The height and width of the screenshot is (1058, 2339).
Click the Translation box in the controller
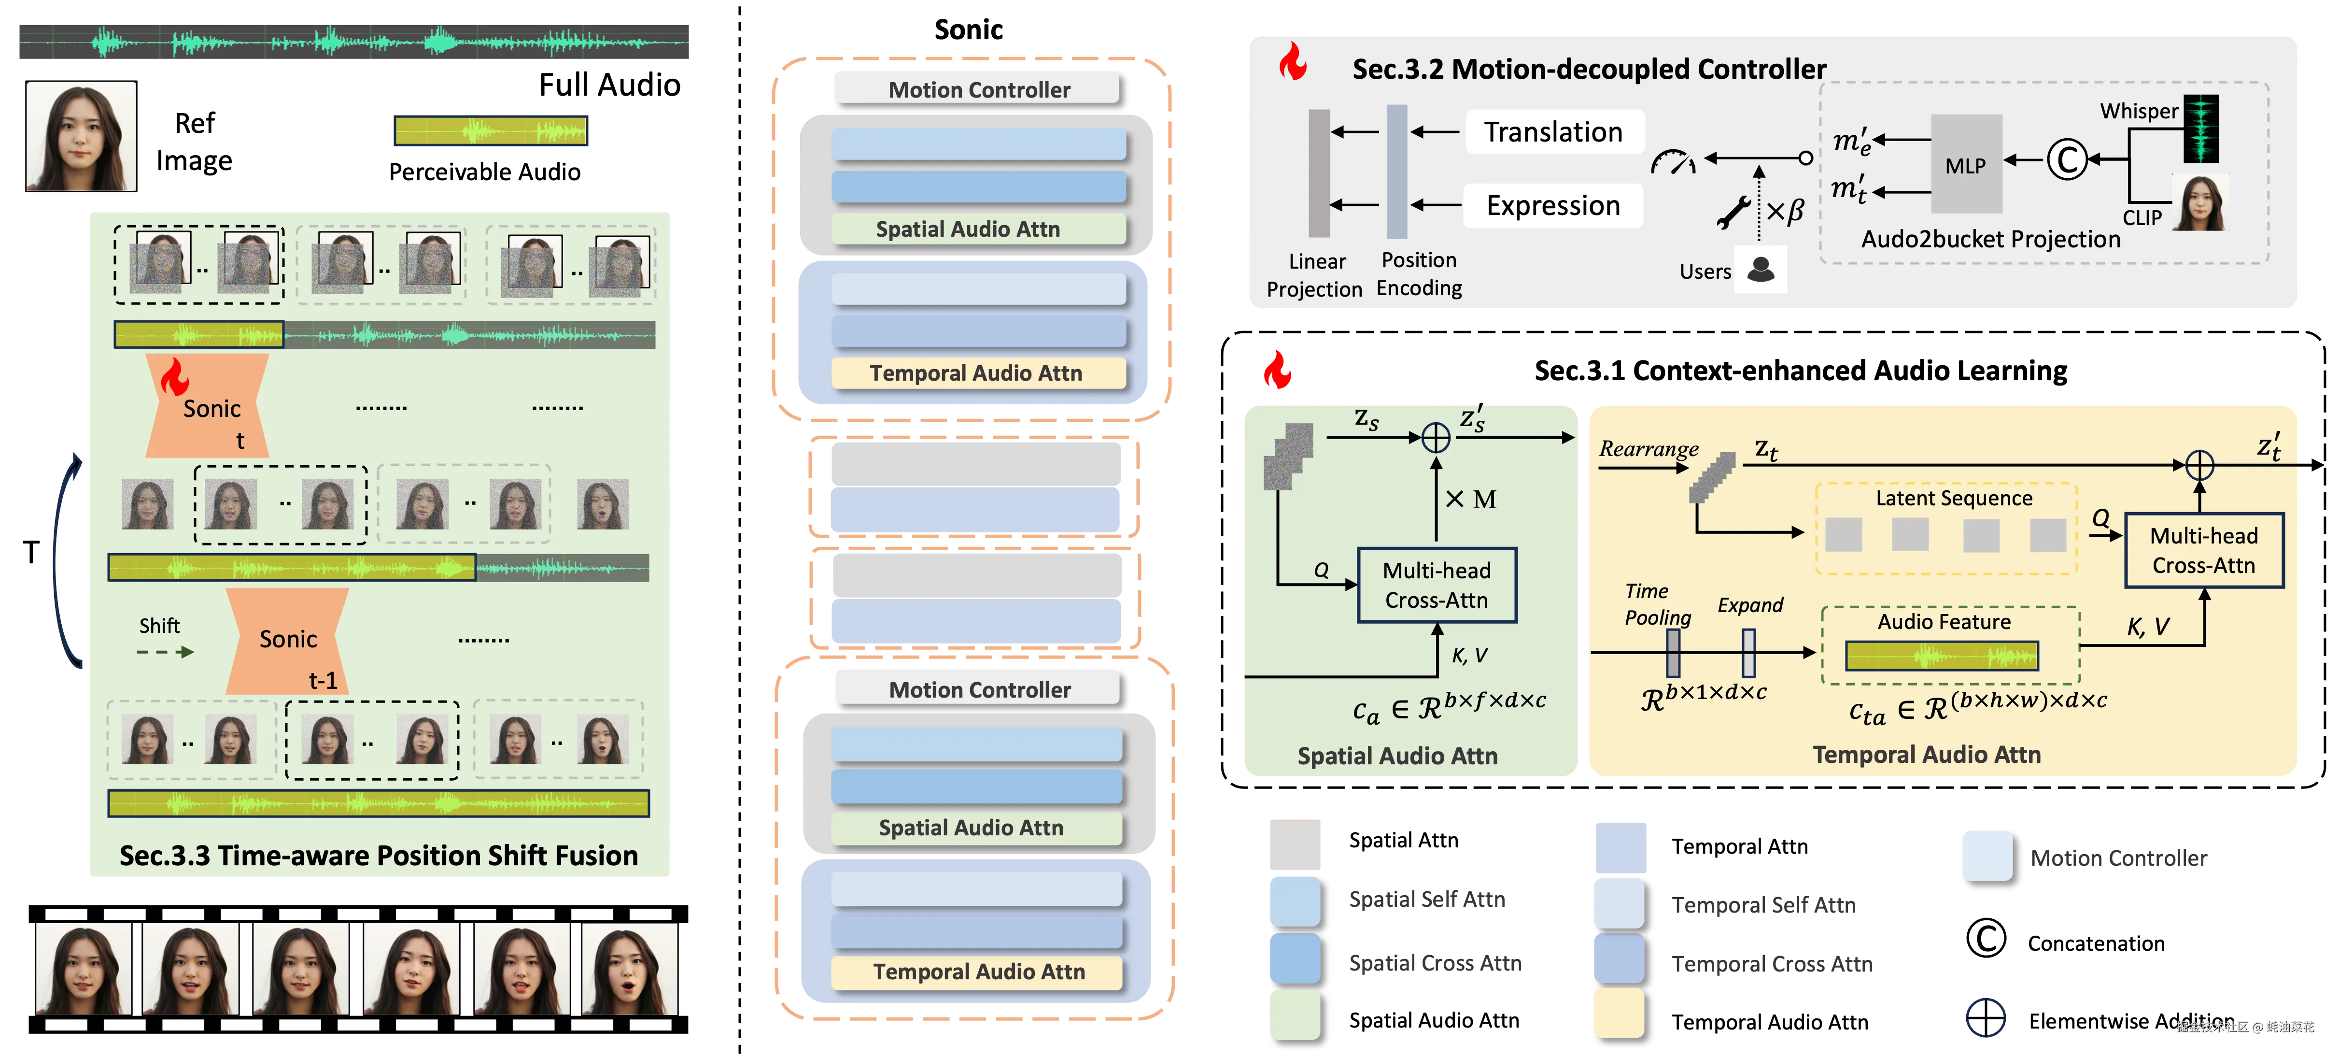pos(1553,132)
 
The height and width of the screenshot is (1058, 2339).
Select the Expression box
pos(1553,206)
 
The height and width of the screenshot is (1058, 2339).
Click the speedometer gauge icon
pos(1673,162)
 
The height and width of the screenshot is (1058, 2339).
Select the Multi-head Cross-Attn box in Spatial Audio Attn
pos(1437,586)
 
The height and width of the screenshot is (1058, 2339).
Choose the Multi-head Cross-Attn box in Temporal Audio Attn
pos(2204,550)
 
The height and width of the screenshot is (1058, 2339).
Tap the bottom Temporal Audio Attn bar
pos(978,972)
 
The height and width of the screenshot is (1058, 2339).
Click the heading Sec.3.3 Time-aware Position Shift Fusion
pos(379,856)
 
